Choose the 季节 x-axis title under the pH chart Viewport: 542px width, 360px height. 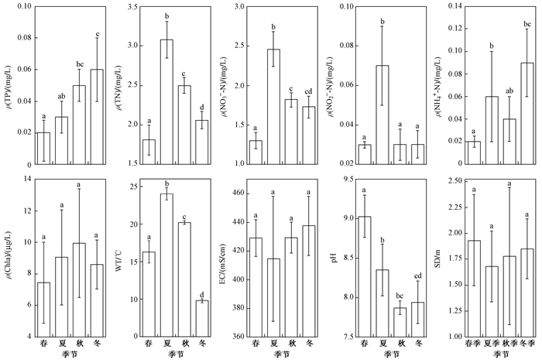point(389,355)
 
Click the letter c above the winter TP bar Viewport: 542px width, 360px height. point(97,33)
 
